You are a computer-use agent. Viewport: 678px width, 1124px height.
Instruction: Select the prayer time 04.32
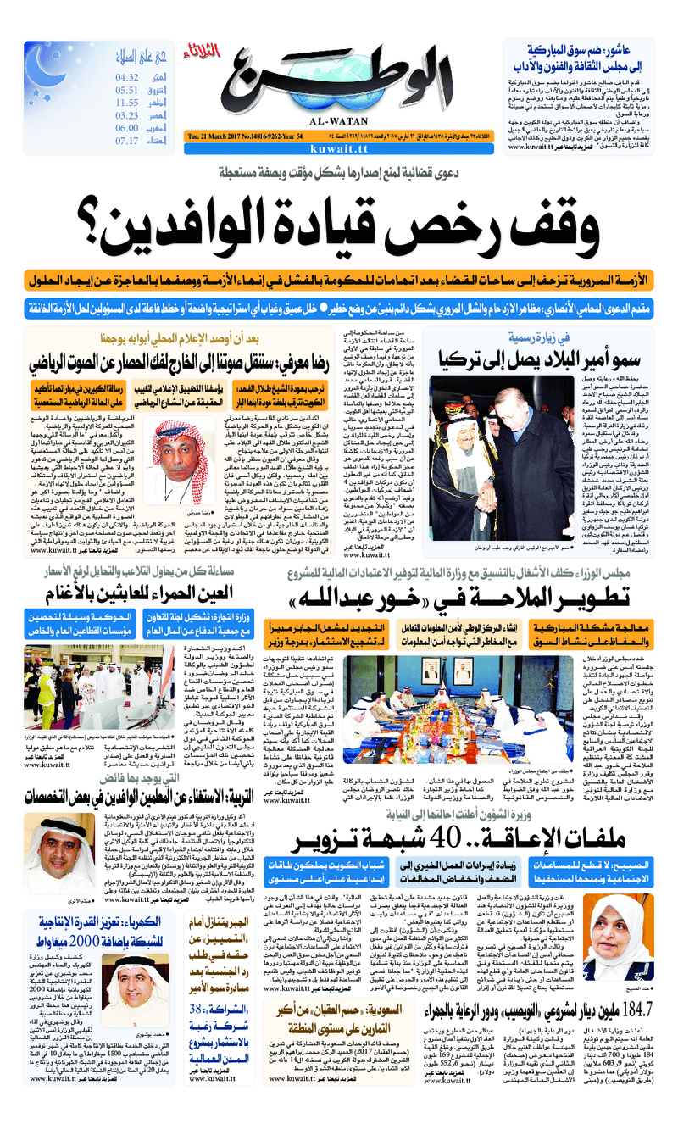coord(127,77)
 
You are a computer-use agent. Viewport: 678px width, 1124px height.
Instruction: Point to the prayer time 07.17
coord(127,141)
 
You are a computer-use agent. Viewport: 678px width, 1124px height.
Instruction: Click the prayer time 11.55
coord(127,103)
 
